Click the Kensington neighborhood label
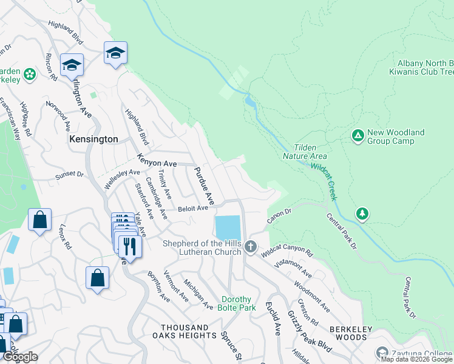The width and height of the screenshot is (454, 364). coord(93,139)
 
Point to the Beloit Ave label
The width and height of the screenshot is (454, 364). coord(193,208)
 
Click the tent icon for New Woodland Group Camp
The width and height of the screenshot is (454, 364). coord(358,135)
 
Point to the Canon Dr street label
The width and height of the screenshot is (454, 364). coord(280,215)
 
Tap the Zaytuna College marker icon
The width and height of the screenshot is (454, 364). coord(382,352)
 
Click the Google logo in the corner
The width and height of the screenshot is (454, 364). coord(20,357)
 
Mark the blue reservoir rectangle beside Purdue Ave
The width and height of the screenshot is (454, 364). coord(227,228)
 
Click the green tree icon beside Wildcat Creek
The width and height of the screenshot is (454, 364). coord(362,214)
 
